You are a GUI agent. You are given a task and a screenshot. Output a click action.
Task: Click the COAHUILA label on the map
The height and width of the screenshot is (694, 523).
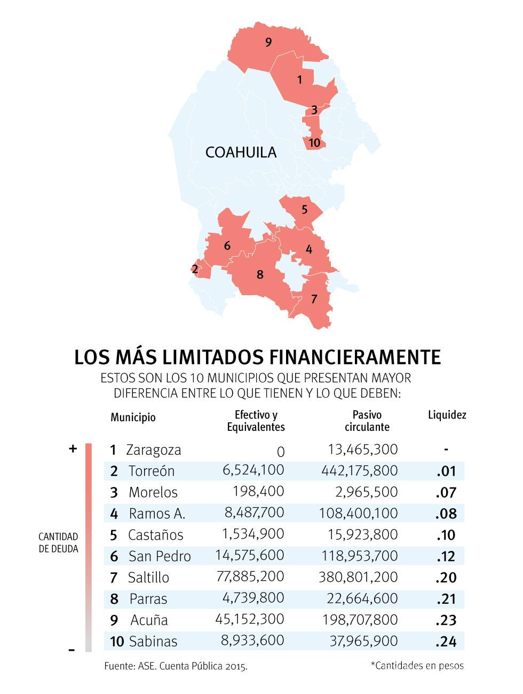tap(241, 152)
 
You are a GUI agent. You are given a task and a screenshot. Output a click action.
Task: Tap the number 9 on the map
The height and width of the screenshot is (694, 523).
tap(268, 42)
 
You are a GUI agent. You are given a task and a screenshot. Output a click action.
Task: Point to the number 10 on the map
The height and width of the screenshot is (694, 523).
tap(314, 143)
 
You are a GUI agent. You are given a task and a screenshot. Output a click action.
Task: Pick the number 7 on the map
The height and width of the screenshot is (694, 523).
tap(314, 299)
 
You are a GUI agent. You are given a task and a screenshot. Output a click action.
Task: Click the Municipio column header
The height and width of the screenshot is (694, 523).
tap(133, 417)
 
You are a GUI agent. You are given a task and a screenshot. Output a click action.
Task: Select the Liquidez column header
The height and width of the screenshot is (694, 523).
tap(447, 415)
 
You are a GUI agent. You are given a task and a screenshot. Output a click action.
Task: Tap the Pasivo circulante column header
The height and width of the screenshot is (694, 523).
tap(367, 421)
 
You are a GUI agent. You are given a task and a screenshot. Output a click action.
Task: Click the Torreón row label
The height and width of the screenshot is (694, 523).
tap(151, 471)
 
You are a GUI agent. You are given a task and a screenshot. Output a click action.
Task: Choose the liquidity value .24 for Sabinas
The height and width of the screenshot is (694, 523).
tap(446, 641)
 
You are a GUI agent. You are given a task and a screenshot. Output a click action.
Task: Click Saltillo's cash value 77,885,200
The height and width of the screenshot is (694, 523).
tap(250, 577)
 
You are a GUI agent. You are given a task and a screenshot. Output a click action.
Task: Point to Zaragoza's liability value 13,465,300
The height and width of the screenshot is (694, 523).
tap(362, 449)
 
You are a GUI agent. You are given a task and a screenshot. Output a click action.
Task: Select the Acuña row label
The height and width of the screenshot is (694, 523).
tap(149, 620)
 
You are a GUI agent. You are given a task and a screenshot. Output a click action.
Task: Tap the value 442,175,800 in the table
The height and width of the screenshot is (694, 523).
tap(359, 470)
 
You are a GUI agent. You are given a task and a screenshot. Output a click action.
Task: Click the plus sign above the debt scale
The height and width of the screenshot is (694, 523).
tap(73, 448)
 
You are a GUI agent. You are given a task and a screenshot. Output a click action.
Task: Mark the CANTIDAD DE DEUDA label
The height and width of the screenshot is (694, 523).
tap(58, 542)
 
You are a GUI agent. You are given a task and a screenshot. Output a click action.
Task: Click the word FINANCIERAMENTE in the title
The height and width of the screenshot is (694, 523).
tap(355, 357)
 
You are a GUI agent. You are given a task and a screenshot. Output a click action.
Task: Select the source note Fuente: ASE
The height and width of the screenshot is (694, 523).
tap(176, 666)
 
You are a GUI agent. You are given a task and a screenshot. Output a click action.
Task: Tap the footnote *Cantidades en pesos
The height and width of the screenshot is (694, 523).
tap(417, 665)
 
